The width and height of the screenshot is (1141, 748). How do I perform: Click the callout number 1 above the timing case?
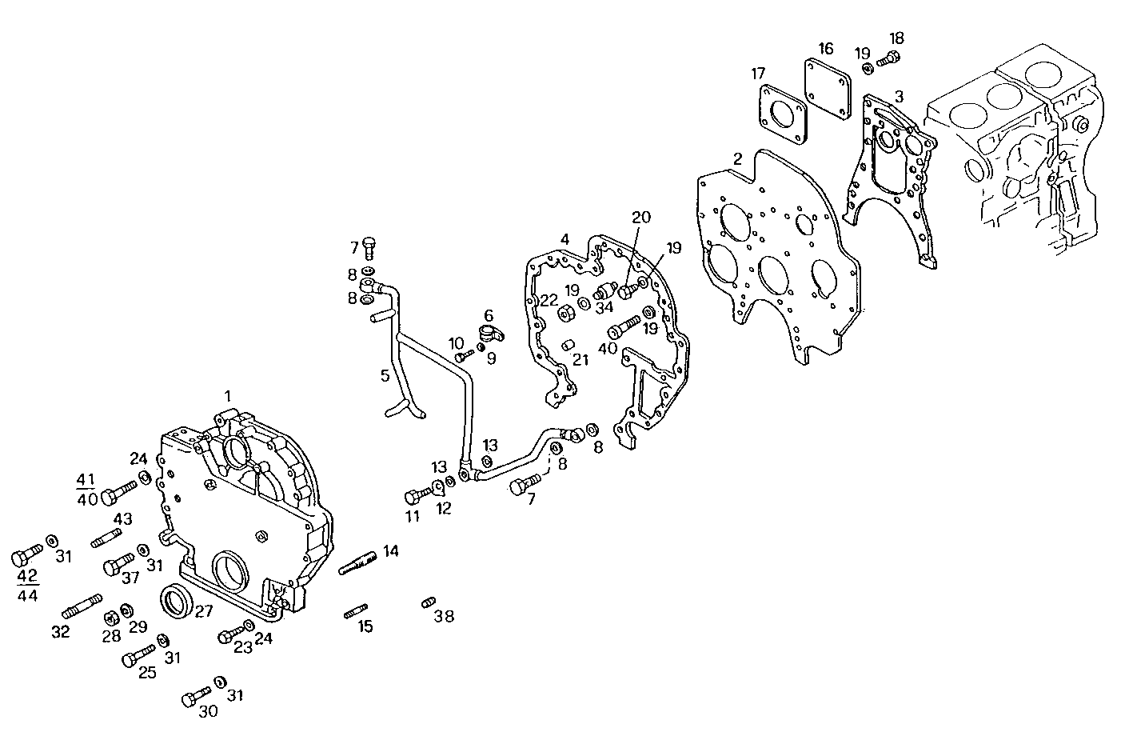tap(228, 396)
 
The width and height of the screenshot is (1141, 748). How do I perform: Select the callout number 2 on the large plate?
tap(738, 158)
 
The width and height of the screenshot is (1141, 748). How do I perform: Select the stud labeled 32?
tap(82, 606)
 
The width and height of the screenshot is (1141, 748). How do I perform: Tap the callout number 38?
tap(444, 616)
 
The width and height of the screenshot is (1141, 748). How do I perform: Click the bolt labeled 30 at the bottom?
tap(194, 698)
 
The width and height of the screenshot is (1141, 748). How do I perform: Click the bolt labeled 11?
tap(417, 494)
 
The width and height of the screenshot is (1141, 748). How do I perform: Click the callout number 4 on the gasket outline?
tap(565, 239)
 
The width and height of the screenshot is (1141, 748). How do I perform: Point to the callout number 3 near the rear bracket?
tap(899, 96)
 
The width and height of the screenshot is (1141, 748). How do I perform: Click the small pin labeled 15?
tap(356, 613)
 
